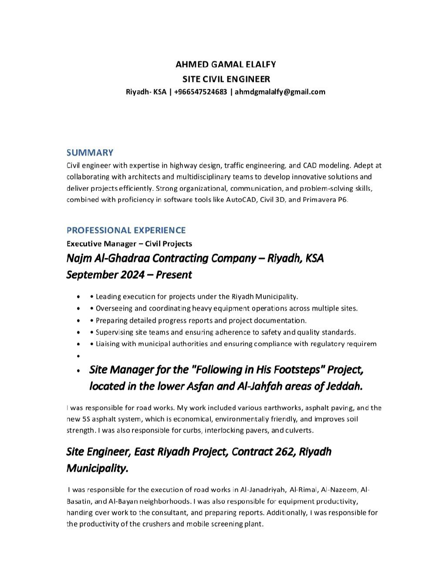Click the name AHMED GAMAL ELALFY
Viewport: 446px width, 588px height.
[226, 64]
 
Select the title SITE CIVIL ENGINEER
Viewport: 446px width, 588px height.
[226, 79]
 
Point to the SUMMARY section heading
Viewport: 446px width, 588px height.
[90, 152]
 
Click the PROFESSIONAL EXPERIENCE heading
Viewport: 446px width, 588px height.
[126, 230]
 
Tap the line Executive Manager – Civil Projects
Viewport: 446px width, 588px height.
[129, 243]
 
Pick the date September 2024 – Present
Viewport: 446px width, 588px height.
[129, 275]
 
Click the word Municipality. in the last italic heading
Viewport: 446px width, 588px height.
[97, 468]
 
